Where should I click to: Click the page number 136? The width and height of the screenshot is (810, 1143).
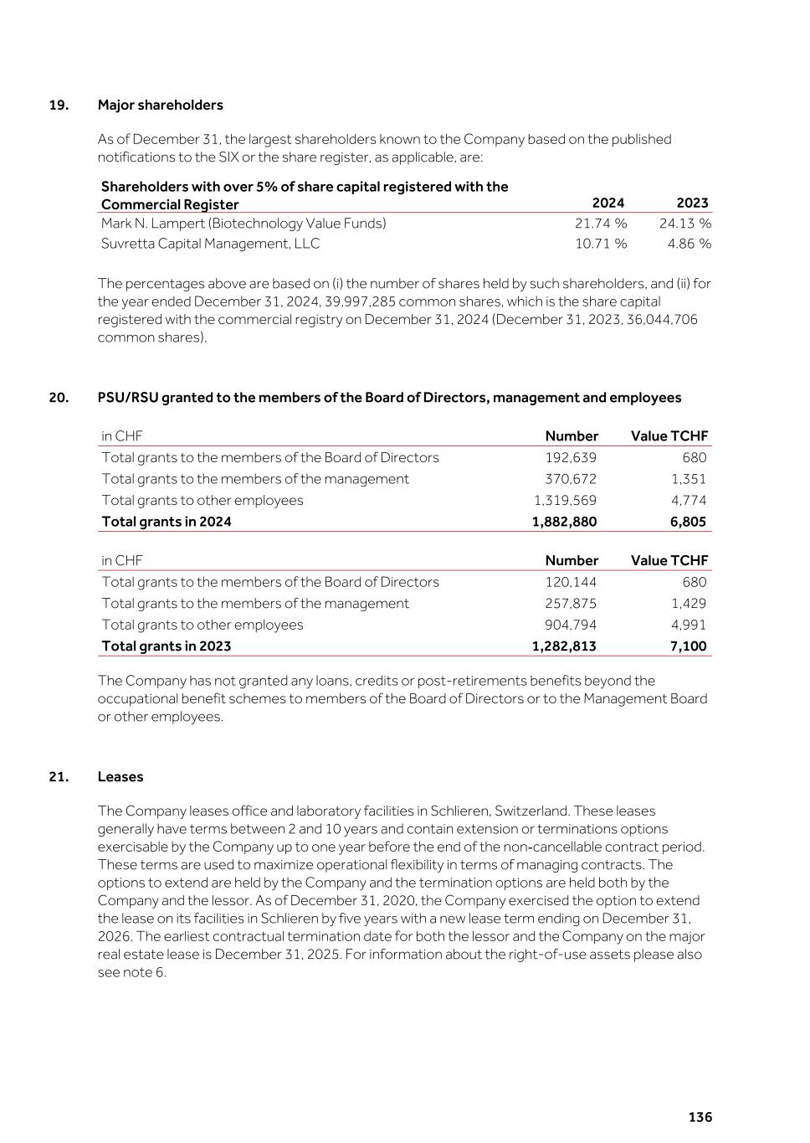(700, 1117)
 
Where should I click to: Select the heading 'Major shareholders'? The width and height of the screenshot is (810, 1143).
(160, 105)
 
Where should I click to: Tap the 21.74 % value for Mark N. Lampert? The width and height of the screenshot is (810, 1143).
(600, 224)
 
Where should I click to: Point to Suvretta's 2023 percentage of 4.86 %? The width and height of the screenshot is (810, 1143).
(689, 244)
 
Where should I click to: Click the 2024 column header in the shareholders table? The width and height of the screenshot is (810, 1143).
(607, 203)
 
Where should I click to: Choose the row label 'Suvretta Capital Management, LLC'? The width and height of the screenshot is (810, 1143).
(210, 244)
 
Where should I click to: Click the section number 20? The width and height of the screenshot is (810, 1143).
(59, 398)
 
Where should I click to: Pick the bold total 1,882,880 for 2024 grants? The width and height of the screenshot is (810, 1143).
(564, 522)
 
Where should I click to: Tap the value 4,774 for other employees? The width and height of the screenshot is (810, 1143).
(689, 500)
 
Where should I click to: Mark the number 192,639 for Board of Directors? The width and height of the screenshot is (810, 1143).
(571, 457)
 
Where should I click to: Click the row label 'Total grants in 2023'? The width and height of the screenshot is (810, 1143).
(166, 646)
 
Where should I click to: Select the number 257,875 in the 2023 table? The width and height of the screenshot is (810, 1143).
(571, 603)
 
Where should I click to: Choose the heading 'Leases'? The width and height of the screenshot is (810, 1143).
(120, 776)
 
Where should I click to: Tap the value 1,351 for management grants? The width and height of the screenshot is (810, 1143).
(689, 479)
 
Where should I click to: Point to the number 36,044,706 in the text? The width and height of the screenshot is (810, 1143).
(657, 320)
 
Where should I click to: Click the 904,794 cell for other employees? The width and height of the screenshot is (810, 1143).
(571, 625)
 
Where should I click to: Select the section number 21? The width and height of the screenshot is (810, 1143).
(59, 776)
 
